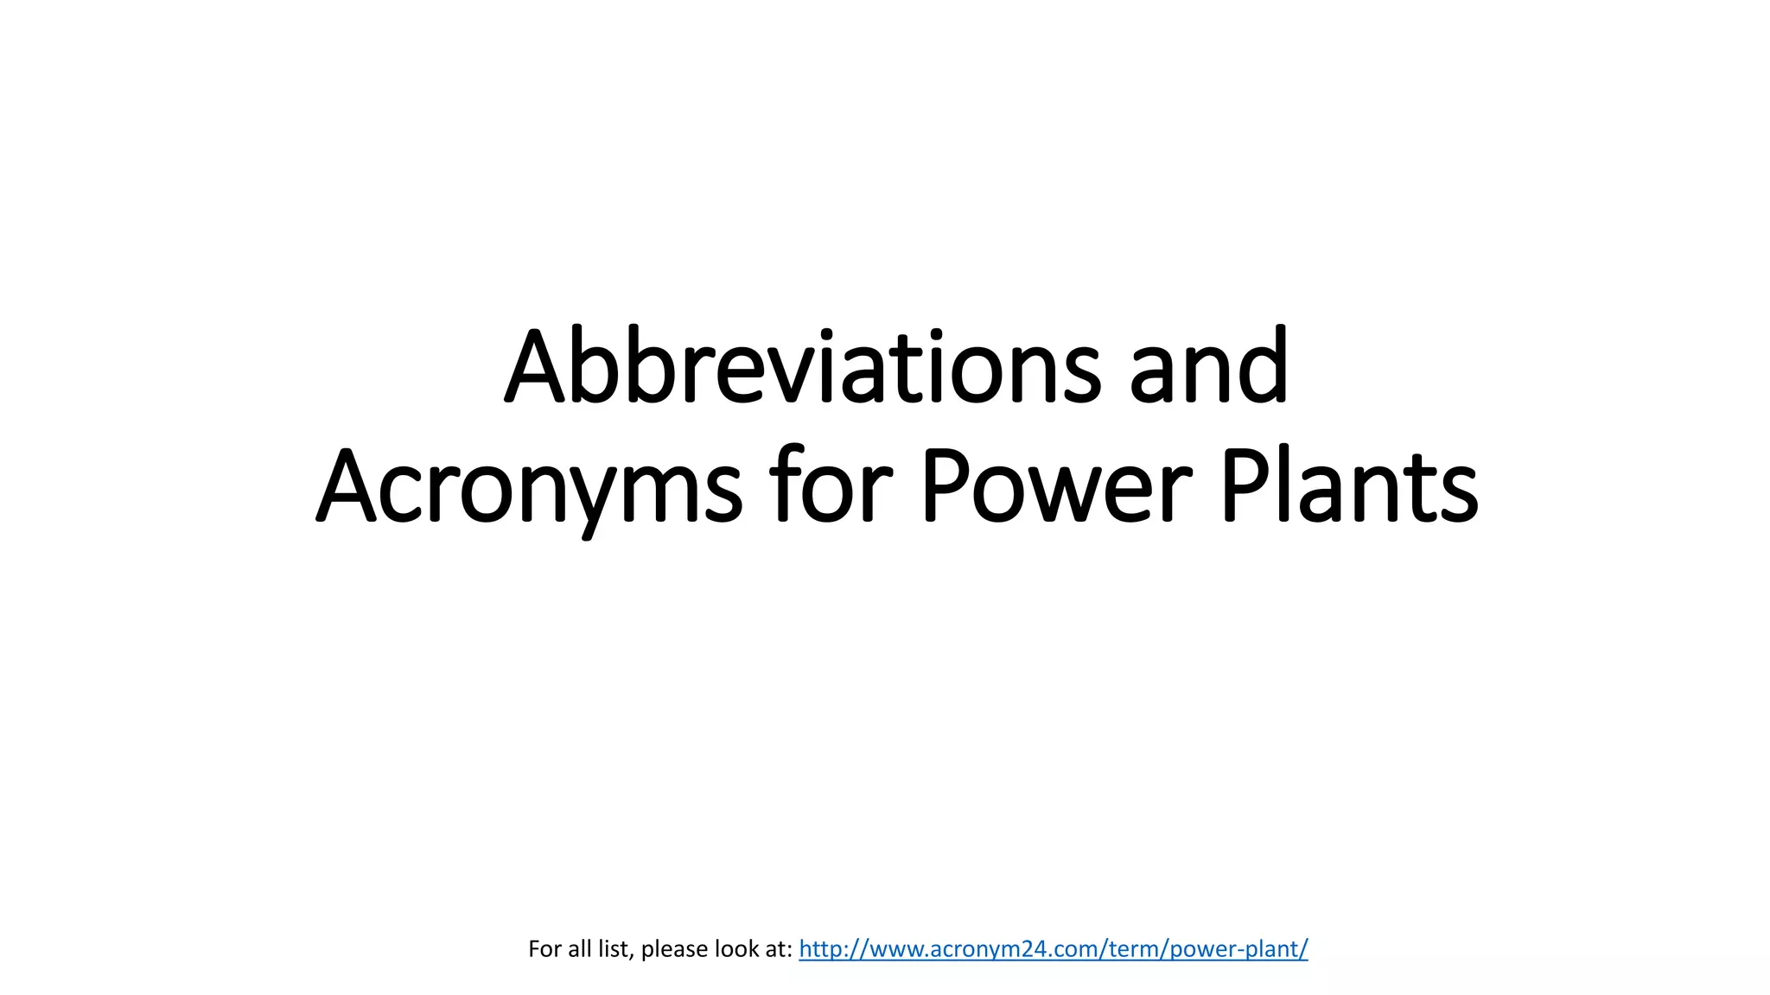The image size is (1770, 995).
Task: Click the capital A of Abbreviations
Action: [535, 366]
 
